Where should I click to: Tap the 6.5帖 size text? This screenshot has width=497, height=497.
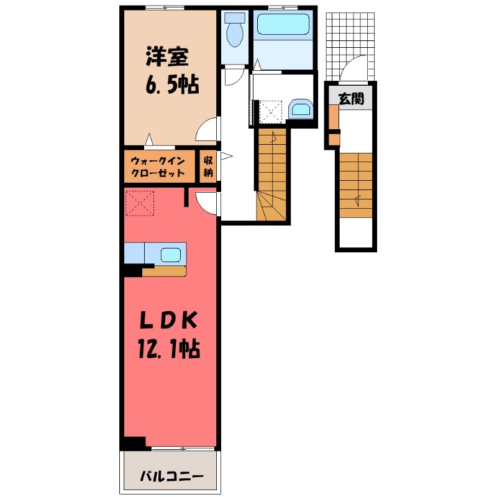click(172, 85)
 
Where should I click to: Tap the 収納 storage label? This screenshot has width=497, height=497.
click(208, 166)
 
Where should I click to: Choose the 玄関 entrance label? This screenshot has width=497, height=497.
click(351, 98)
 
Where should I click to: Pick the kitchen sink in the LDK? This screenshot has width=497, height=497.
click(170, 253)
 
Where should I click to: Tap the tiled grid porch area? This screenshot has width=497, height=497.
click(351, 37)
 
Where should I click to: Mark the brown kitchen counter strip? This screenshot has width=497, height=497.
click(164, 271)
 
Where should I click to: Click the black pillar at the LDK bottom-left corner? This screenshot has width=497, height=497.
click(134, 442)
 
